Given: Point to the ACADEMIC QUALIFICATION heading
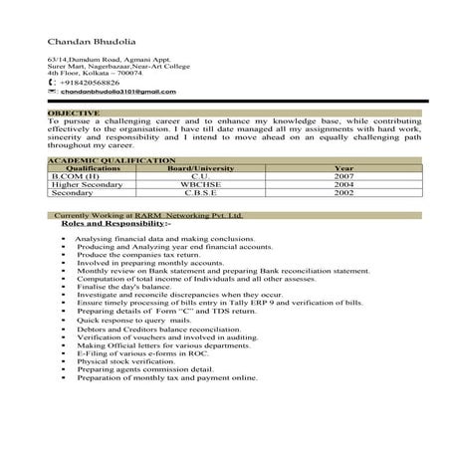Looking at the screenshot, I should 111,159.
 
